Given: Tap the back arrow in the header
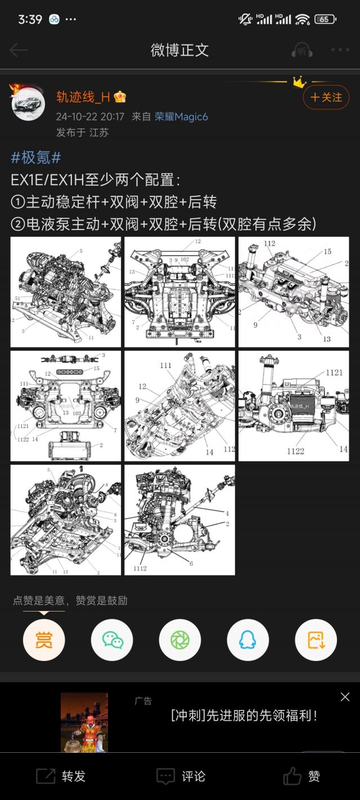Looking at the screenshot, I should pos(19,50).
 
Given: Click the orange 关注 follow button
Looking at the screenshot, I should pos(326,97).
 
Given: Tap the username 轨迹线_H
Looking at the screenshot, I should pos(83,97).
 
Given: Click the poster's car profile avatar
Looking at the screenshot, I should pos(28,104).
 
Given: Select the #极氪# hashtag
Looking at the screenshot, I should pos(36,158).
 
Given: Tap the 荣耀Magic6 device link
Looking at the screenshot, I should pos(181,116).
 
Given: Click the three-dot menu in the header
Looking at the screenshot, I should pos(340,50).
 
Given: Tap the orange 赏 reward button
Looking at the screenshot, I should pos(44,640).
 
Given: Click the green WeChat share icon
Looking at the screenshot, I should pos(112,640).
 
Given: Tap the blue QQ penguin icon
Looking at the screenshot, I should pos(247,640).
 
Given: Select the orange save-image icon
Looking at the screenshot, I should pos(316,640).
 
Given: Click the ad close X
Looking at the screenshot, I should pos(345,697).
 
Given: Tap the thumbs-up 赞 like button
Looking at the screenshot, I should pos(301,776).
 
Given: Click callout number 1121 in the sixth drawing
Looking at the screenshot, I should pos(334,372).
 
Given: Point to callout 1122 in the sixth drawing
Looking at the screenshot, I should pos(295,451).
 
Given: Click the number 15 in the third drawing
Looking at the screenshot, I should pos(327,252).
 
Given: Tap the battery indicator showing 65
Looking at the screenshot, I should pos(325,19).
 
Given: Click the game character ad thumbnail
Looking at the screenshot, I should pos(84,722).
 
